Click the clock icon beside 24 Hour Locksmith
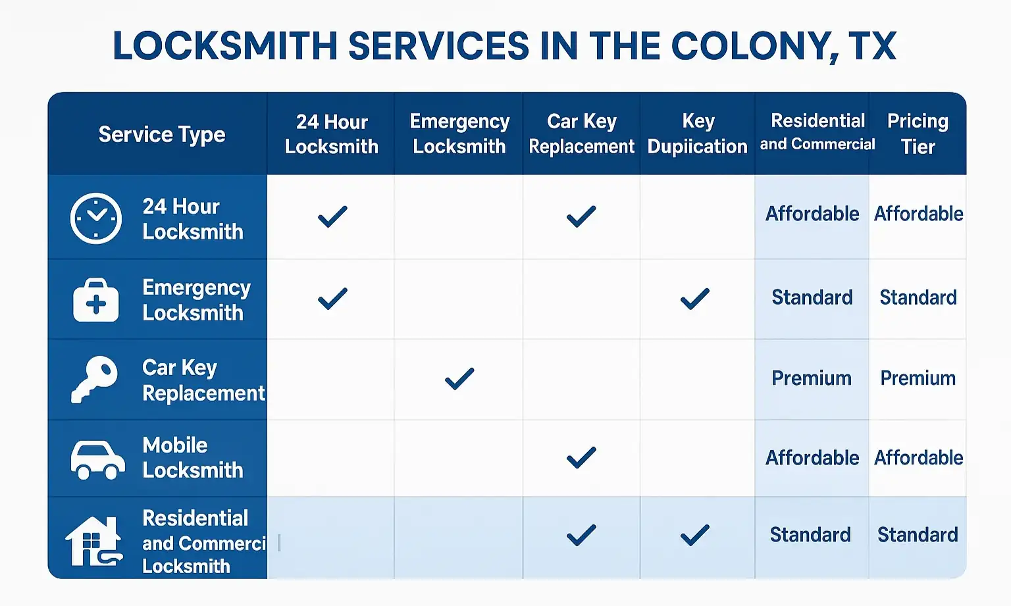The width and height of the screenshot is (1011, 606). pos(96,218)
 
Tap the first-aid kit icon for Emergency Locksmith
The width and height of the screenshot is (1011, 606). pos(96,300)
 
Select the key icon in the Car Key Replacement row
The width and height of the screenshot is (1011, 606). pos(94,380)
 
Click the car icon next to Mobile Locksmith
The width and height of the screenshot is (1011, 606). pos(97,459)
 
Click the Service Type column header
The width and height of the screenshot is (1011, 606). pos(162,134)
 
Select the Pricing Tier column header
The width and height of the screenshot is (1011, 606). pos(918,134)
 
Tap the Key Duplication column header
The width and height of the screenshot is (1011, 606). pos(697,134)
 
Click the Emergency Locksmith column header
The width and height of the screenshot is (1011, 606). pos(459,134)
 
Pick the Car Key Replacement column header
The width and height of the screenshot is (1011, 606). pos(581,134)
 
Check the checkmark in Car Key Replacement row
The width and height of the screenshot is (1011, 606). pos(459,378)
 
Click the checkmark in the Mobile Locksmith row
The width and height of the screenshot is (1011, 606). pos(581,457)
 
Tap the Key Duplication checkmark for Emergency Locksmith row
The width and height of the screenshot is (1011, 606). pos(695,299)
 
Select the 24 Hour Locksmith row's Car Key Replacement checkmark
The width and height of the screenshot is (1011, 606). pos(581,216)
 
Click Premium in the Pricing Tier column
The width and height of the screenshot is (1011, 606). pos(918,378)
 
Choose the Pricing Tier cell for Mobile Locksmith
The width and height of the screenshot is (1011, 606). pos(918,457)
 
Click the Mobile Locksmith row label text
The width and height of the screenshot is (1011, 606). pos(193,457)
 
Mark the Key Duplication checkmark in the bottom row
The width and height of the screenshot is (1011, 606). pos(695,535)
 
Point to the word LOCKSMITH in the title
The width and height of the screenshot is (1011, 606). pos(224,46)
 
